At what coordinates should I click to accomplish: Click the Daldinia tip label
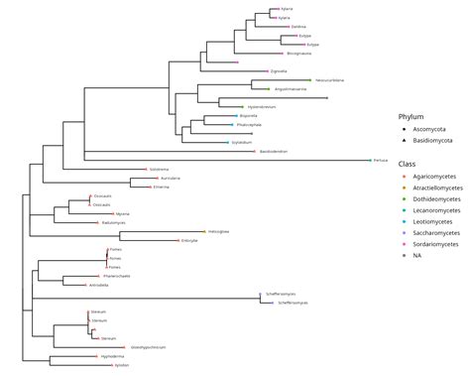click(x=298, y=27)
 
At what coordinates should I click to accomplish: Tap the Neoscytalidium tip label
click(x=329, y=80)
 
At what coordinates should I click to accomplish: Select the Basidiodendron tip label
click(x=274, y=152)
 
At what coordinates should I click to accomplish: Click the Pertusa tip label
click(x=381, y=160)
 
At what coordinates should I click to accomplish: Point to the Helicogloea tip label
click(x=219, y=231)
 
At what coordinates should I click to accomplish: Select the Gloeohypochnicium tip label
click(x=148, y=347)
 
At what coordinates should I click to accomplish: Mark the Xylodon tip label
click(x=122, y=365)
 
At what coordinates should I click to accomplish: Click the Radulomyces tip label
click(x=114, y=223)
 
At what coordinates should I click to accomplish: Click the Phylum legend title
click(x=411, y=116)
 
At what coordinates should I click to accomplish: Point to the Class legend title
click(x=407, y=162)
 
